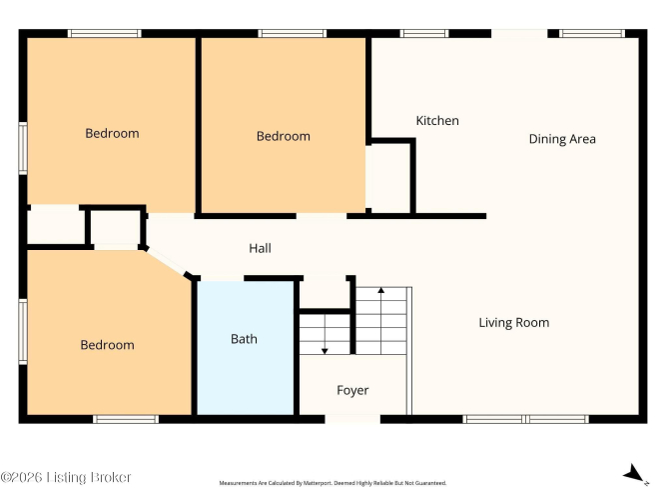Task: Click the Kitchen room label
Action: tap(437, 121)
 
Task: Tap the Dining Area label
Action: tap(562, 139)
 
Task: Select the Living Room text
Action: tap(514, 323)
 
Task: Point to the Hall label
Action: tap(260, 248)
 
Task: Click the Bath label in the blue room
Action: tap(244, 339)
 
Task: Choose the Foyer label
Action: tap(352, 390)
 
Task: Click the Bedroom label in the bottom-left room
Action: tap(107, 345)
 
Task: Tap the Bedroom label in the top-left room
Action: tap(112, 134)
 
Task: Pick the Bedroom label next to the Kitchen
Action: tap(284, 136)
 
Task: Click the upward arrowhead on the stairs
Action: tap(381, 290)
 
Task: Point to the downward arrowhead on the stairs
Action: tap(325, 351)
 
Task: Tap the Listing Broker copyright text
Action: tap(66, 477)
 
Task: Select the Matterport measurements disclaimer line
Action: tap(333, 483)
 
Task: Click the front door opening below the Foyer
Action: tap(352, 419)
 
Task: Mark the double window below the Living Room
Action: tap(526, 419)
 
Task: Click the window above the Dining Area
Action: tap(592, 34)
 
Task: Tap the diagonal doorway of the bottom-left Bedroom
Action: tap(166, 262)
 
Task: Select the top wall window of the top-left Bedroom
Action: tap(105, 34)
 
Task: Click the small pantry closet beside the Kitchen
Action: tap(387, 177)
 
